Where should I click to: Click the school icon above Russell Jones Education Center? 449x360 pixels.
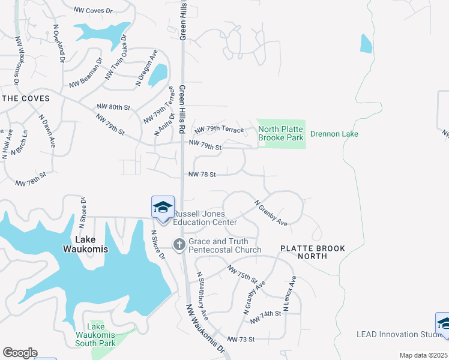[x=163, y=207]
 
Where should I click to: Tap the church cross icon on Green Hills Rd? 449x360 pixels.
[x=179, y=244]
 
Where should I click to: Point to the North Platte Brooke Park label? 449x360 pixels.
[x=281, y=133]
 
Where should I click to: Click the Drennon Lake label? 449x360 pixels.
[x=333, y=134]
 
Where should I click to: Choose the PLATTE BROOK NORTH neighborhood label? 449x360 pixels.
[x=304, y=252]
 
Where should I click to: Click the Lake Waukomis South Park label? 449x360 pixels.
[x=95, y=339]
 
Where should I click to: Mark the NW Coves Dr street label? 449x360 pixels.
[x=93, y=10]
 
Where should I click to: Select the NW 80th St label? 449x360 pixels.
[x=113, y=107]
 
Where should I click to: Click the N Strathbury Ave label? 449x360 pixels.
[x=202, y=296]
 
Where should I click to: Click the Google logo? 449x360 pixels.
[x=20, y=353]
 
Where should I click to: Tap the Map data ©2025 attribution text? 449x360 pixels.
[x=423, y=355]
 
